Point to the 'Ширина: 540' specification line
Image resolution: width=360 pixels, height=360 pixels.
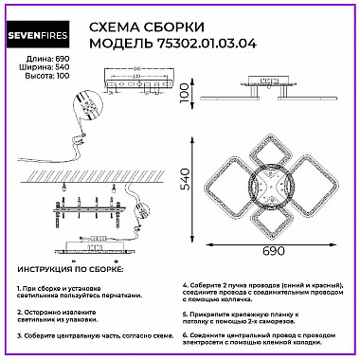click(32, 69)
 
